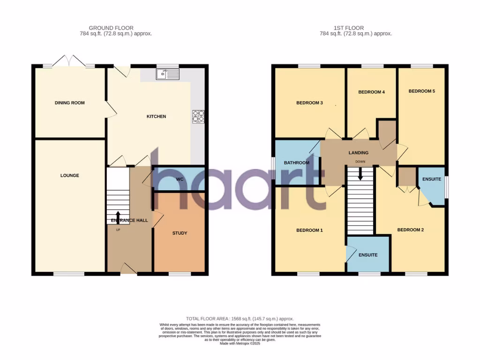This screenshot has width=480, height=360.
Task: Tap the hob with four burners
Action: point(198,116)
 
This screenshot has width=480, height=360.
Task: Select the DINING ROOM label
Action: point(69,103)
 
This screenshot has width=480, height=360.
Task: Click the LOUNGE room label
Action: point(69,175)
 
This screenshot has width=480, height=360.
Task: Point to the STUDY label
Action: point(180,233)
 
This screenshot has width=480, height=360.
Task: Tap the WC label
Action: point(179,179)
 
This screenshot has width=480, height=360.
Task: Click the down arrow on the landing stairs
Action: point(360,174)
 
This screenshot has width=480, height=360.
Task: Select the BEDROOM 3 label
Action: point(309,103)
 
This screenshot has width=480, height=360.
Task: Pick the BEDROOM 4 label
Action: point(371,92)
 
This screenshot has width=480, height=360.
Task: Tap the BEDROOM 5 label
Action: point(421,91)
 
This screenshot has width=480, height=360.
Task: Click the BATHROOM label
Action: point(297,163)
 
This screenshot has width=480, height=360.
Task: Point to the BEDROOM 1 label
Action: point(309,230)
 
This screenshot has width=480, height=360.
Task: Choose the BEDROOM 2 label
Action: point(410,230)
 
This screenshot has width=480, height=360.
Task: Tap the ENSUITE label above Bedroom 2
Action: point(431,179)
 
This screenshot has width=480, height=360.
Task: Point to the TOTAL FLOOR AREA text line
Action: point(240,319)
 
